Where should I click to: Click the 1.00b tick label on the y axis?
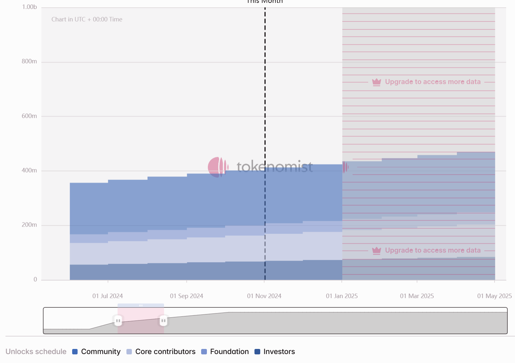29,7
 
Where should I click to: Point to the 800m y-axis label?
29,61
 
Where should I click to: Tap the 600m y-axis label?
29,116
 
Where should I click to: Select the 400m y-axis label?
29,170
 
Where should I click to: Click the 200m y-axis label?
29,225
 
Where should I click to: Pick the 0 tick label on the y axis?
35,279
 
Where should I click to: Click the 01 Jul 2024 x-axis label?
108,296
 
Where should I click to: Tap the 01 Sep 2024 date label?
186,296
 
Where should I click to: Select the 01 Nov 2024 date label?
264,296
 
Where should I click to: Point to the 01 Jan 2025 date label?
342,296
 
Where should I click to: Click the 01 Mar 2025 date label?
417,296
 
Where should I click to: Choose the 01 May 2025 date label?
494,296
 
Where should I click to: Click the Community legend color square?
75,352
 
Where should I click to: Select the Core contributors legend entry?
165,351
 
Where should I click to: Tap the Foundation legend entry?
229,351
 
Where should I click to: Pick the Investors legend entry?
279,351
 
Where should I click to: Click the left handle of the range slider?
118,321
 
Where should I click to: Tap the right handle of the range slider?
163,321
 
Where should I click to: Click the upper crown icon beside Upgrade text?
377,82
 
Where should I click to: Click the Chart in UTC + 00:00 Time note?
87,19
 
